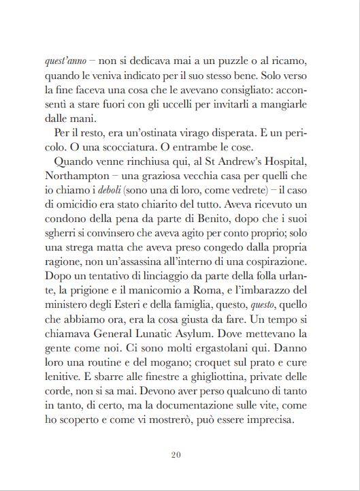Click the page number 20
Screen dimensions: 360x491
[180, 456]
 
